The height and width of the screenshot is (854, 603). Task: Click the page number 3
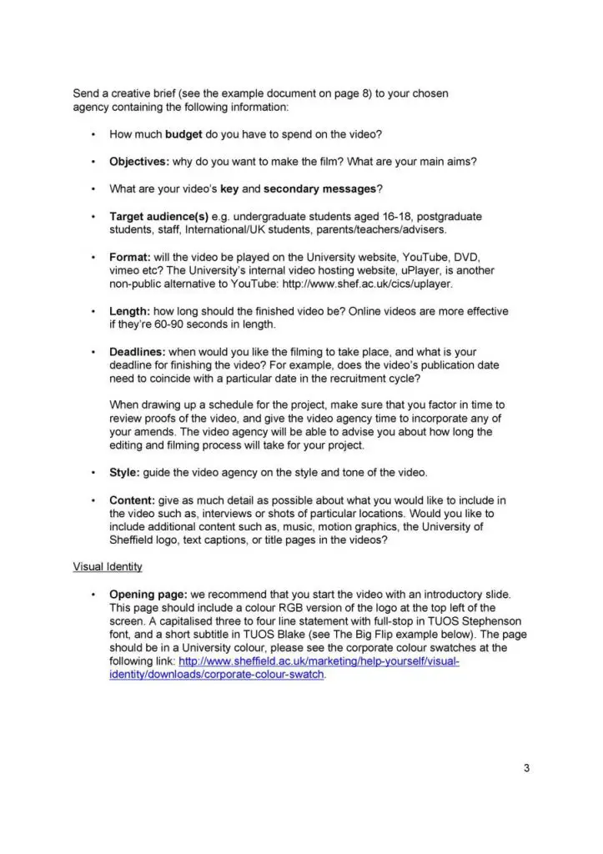click(526, 768)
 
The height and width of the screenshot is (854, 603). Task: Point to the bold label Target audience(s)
click(159, 216)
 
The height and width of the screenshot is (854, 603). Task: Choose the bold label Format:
click(130, 257)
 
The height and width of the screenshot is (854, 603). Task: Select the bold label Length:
click(130, 311)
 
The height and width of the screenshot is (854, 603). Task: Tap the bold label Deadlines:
click(138, 352)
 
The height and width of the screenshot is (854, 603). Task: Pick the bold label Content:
click(133, 500)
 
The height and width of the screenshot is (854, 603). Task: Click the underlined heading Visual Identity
click(108, 567)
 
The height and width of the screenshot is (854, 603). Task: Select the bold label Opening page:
click(145, 595)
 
